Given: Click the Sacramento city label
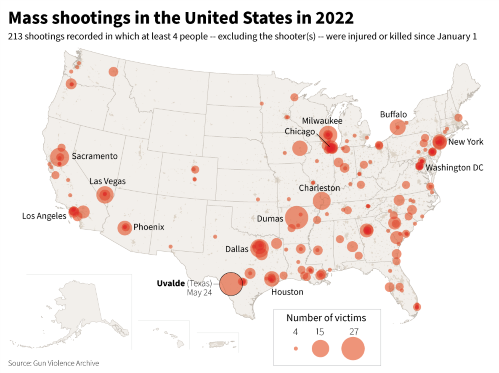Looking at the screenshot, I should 94,156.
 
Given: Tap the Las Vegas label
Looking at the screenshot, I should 107,181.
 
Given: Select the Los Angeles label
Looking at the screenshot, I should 44,216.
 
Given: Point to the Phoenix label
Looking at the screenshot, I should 149,227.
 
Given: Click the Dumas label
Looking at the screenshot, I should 270,218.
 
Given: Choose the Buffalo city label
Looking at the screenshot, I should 393,114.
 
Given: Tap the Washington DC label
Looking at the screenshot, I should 455,168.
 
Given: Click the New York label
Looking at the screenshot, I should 466,142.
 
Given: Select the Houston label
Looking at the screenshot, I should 287,291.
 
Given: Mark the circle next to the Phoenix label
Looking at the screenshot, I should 125,228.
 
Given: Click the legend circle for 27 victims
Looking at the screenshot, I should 353,349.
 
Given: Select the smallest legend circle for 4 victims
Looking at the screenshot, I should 296,349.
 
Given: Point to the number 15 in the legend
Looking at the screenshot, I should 320,331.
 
